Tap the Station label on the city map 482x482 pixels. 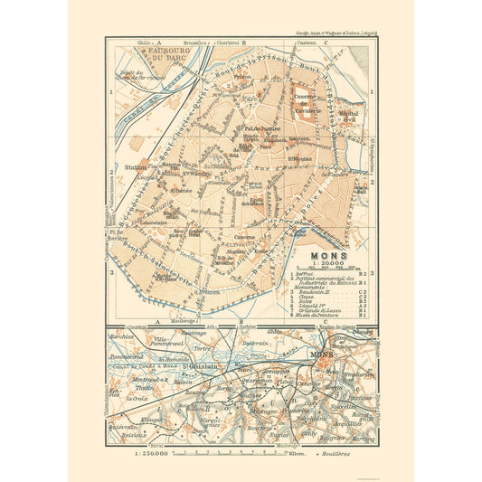pyautogui.click(x=134, y=166)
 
